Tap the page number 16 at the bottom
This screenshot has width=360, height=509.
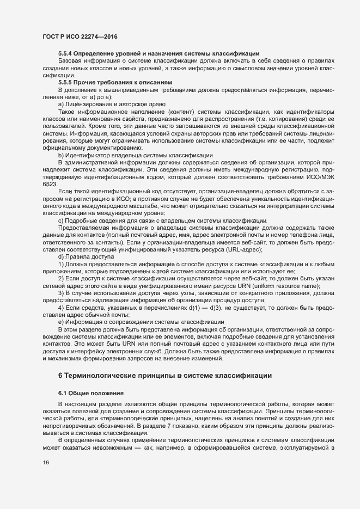(46, 463)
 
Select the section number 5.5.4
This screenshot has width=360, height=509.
(66, 53)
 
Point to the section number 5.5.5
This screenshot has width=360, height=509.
(66, 81)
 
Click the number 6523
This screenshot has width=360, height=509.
(50, 186)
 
